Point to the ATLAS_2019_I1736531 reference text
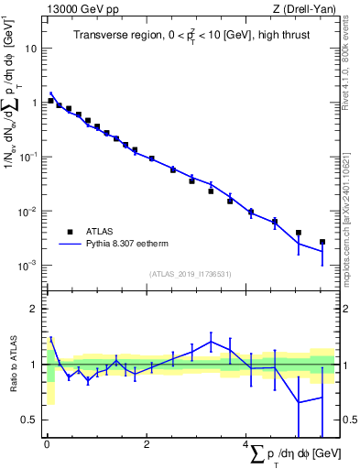[x=190, y=274]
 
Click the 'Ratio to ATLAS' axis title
[x=12, y=365]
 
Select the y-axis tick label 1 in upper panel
[x=35, y=103]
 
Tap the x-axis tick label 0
[x=47, y=445]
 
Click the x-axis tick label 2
[x=147, y=445]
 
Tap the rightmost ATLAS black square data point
[x=322, y=242]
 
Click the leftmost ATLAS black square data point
[x=50, y=101]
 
